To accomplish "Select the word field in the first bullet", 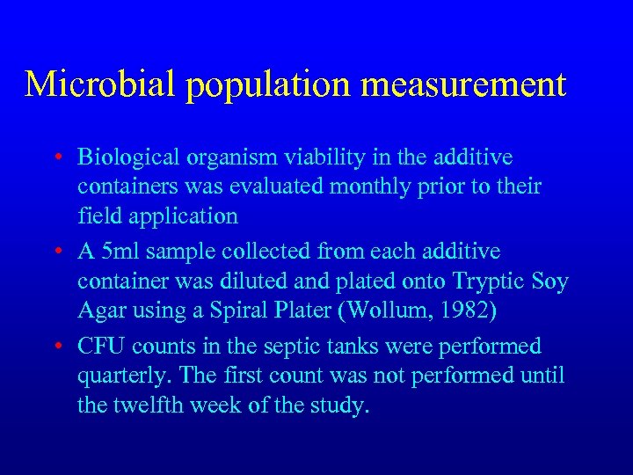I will (x=96, y=216).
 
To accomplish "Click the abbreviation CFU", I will (x=101, y=347).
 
